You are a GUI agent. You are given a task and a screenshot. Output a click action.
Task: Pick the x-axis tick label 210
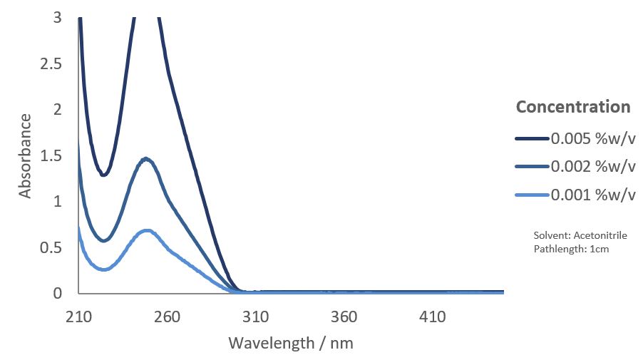pos(78,317)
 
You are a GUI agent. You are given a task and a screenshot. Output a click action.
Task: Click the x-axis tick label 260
pos(167,317)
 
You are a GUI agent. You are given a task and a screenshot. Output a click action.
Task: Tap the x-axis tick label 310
pos(256,317)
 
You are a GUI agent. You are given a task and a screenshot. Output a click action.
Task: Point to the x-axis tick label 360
pos(344,317)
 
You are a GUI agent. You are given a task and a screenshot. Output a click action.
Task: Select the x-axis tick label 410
pos(433,317)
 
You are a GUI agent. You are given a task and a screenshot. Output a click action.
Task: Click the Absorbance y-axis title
pos(26,155)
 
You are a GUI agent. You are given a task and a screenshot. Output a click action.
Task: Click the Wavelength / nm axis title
pos(291,343)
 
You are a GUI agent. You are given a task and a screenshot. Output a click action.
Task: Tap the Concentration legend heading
pos(573,107)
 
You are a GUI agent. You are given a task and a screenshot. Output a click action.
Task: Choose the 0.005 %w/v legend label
pos(592,138)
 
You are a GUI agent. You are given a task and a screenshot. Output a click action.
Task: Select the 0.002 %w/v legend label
pos(592,167)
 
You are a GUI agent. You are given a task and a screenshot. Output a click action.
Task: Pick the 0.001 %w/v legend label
pos(592,195)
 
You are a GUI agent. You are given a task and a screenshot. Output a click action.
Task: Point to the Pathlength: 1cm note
pos(571,249)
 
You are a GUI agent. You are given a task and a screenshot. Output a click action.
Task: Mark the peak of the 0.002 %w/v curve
pos(146,159)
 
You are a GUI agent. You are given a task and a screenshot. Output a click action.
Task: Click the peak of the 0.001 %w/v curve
pos(147,231)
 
